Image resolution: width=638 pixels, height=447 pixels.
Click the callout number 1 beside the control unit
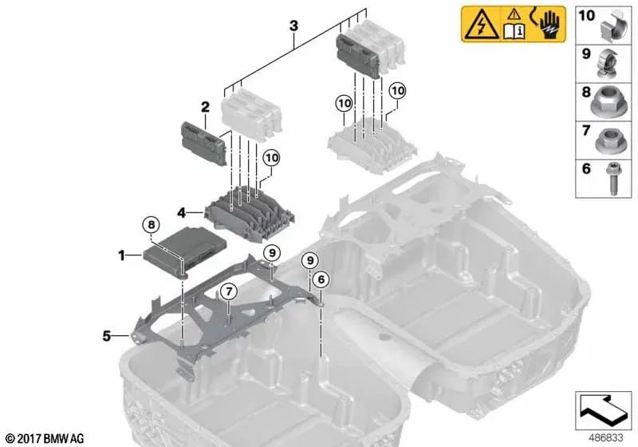pyautogui.click(x=122, y=255)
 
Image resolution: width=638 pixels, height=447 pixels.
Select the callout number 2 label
pyautogui.click(x=204, y=105)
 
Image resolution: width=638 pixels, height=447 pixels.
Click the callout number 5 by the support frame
pyautogui.click(x=105, y=336)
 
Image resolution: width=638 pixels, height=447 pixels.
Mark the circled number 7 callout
pyautogui.click(x=227, y=291)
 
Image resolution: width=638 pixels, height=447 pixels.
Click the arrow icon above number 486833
pyautogui.click(x=602, y=409)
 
